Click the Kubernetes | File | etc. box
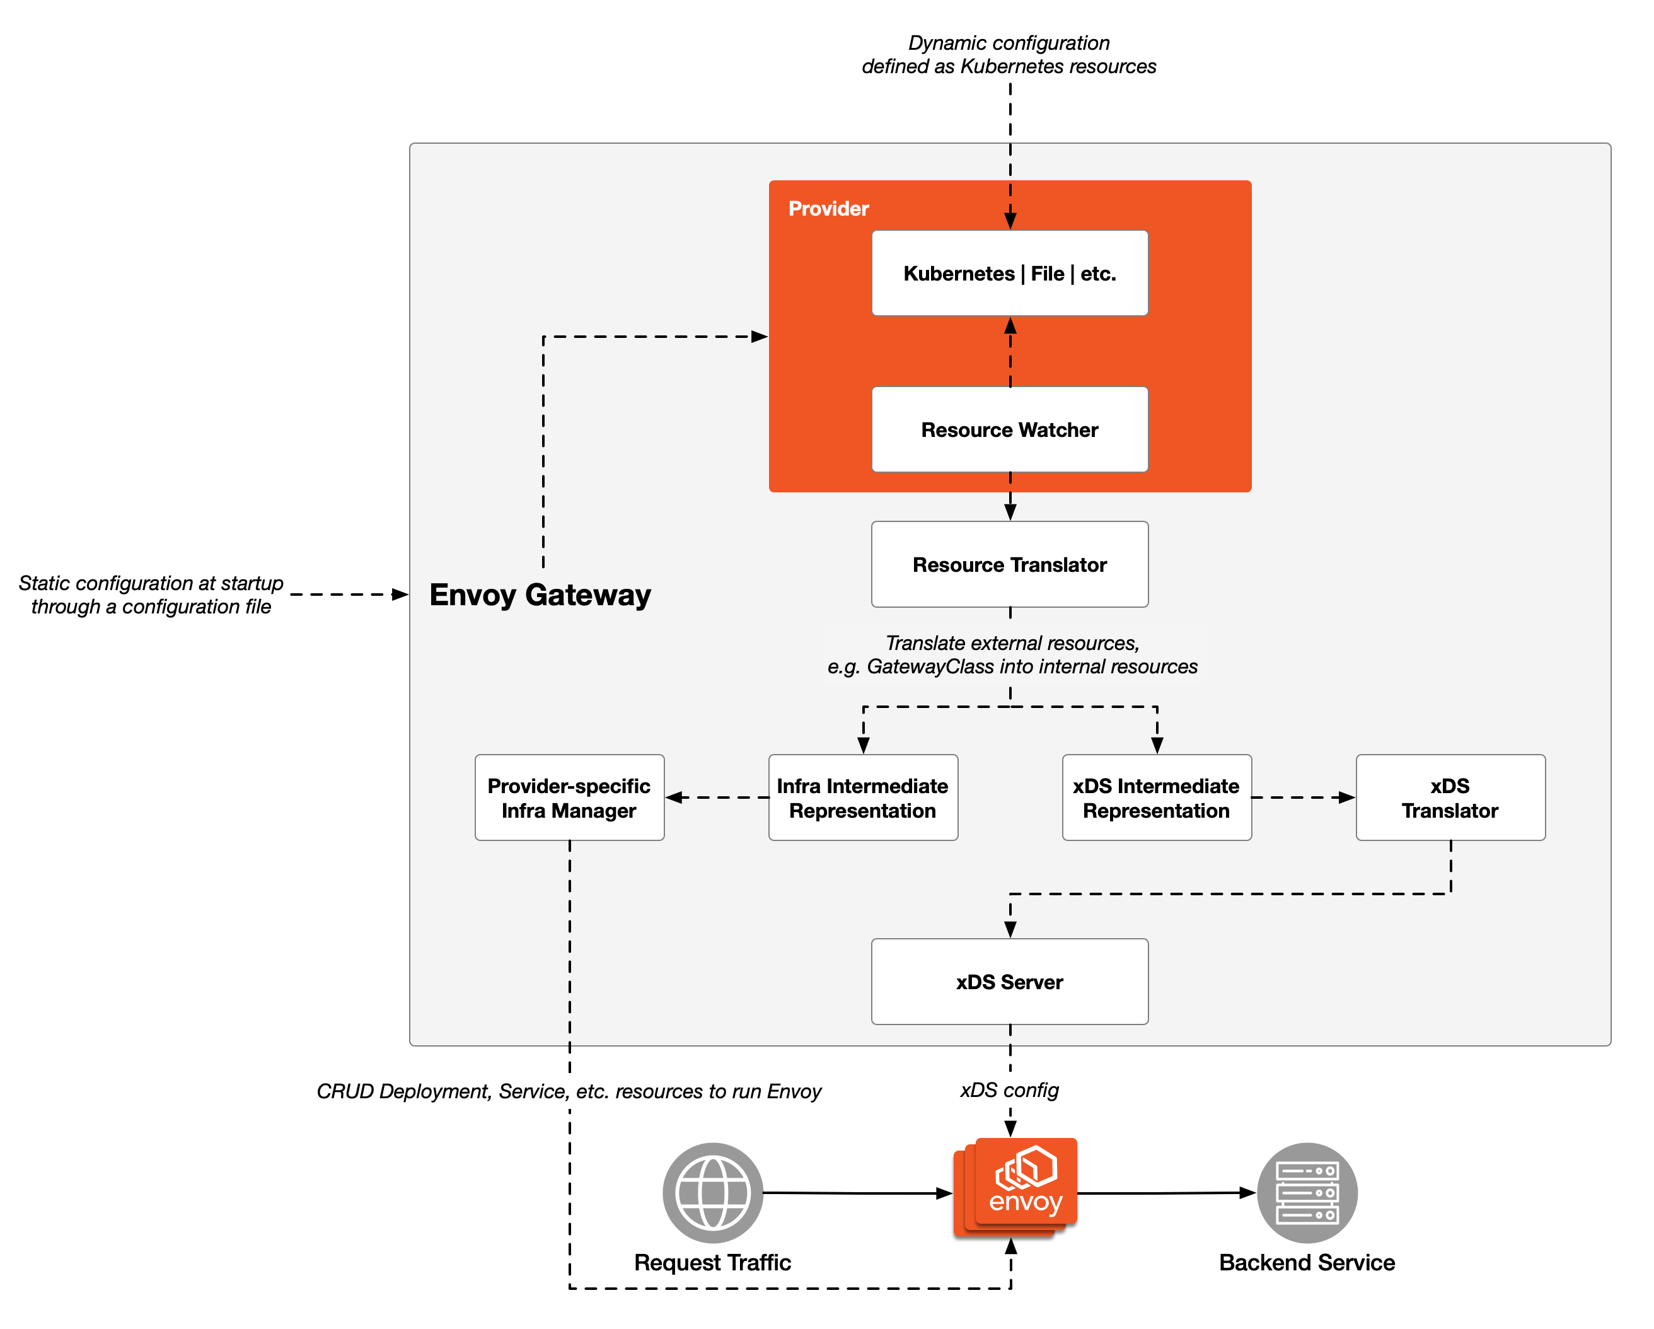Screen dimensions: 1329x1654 [1010, 273]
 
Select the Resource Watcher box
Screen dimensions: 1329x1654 [1010, 430]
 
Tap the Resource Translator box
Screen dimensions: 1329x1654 [1010, 565]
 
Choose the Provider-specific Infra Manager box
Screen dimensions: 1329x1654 [569, 798]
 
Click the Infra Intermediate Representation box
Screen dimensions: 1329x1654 [863, 798]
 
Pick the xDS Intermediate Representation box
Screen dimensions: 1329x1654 [1157, 798]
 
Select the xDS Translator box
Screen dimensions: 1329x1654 [1450, 798]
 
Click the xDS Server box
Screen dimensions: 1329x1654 [1010, 982]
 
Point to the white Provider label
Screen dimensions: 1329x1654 [828, 209]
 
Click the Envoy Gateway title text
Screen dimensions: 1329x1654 [540, 595]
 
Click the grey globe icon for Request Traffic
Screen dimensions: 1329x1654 [713, 1193]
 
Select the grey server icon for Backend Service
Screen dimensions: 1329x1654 [1307, 1193]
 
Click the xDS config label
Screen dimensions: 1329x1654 [1010, 1090]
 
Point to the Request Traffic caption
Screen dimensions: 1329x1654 [713, 1263]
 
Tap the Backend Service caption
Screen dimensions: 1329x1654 [1307, 1263]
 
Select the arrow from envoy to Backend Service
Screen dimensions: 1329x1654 [1166, 1194]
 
